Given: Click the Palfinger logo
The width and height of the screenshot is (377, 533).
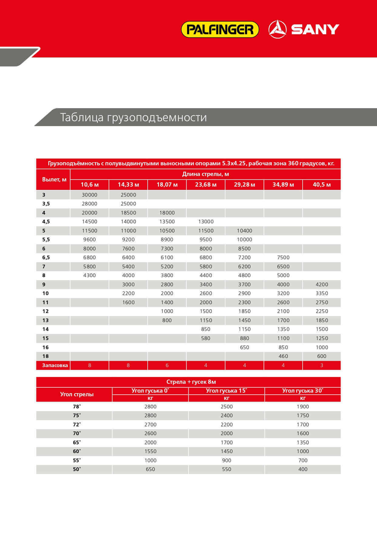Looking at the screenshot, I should pos(220,29).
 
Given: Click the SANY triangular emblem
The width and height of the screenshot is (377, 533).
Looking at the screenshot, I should pos(277,29).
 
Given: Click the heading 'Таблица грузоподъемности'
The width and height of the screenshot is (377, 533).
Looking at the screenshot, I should pos(133,117).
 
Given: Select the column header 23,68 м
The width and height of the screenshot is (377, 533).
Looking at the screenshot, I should pos(206,184).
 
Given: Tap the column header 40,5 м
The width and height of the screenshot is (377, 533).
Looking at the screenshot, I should pos(322,184).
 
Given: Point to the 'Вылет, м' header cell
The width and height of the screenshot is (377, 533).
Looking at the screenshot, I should pos(54,179).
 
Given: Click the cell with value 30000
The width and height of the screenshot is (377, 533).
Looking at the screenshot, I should pos(90,195).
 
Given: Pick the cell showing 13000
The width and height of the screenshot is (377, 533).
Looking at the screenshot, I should pos(206,222).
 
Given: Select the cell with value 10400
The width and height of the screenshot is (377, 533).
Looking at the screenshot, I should pos(244,231).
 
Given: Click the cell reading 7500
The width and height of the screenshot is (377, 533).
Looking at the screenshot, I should pos(283,257).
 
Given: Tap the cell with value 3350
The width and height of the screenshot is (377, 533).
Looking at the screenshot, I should pos(322,293).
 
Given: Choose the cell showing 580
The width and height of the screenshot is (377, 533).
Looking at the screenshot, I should pos(206,338).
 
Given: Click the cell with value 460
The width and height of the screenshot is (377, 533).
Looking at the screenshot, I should pos(283,356).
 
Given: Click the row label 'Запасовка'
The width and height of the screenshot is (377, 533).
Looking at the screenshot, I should pos(55,365).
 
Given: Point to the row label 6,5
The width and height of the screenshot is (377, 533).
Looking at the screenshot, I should pos(46,257).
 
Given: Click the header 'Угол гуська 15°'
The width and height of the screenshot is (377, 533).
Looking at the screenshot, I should pos(226,390).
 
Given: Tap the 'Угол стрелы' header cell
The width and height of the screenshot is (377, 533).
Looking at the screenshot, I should pos(77,394).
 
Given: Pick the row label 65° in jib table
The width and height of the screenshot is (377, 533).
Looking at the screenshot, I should pos(77,442).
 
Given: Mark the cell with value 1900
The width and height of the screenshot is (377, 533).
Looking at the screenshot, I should pos(303,407).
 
